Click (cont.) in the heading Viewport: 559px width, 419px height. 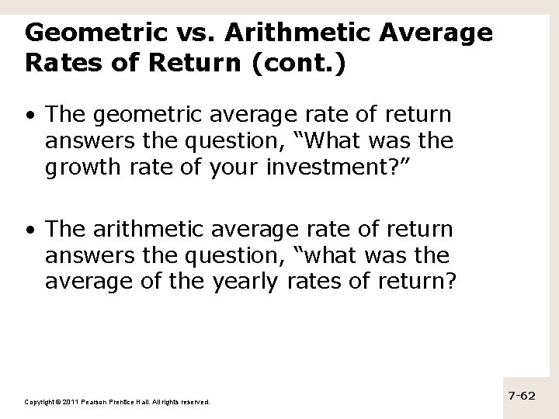pos(298,64)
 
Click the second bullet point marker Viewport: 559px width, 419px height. pos(29,231)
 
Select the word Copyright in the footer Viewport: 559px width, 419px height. pos(39,402)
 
